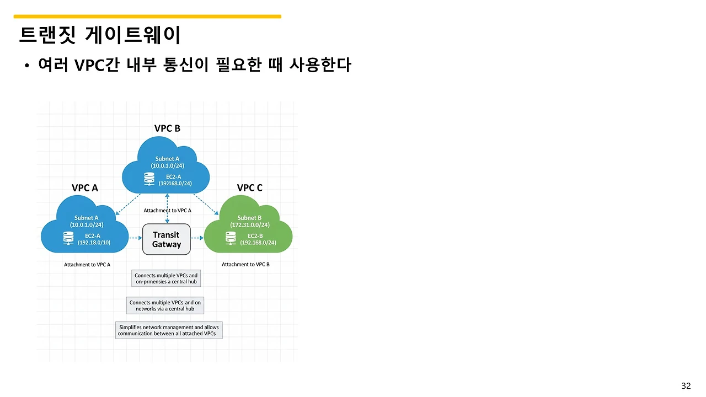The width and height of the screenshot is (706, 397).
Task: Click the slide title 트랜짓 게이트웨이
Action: (x=100, y=35)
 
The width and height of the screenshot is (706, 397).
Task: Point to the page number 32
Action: (x=686, y=385)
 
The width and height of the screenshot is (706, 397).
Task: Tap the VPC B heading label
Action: (x=167, y=128)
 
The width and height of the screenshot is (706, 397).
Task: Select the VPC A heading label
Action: (x=85, y=188)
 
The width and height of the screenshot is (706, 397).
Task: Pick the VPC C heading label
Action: (x=250, y=188)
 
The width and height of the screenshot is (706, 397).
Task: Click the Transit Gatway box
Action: (x=166, y=239)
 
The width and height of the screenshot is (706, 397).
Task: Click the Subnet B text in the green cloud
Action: (x=250, y=218)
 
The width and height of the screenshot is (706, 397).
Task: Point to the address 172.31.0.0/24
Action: (x=250, y=225)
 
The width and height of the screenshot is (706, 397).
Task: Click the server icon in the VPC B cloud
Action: (x=149, y=179)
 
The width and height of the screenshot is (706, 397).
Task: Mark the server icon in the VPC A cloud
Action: (x=68, y=238)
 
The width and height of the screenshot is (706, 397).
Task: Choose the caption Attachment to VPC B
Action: (x=245, y=265)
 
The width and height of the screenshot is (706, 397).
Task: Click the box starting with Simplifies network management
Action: (x=168, y=330)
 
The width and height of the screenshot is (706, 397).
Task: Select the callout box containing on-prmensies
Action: (x=166, y=278)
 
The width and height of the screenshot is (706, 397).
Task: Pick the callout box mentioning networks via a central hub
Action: (x=165, y=305)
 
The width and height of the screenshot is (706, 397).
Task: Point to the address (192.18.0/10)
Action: (x=94, y=243)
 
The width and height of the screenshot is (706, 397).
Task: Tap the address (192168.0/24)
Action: (x=175, y=184)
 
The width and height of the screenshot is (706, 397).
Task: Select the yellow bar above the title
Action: (x=147, y=17)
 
